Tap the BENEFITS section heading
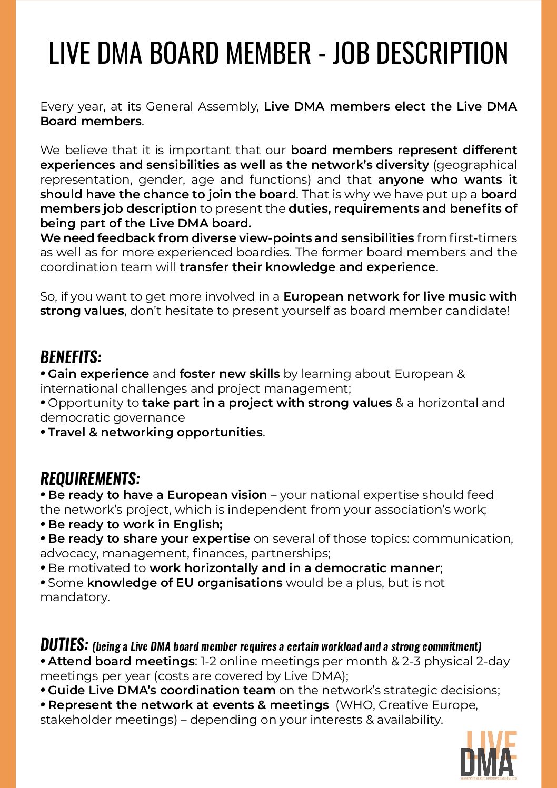pos(71,357)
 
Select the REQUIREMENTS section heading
pos(90,478)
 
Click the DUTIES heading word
pos(64,644)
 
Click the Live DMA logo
pos(489,755)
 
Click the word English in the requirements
pos(198,524)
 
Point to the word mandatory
pos(74,597)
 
